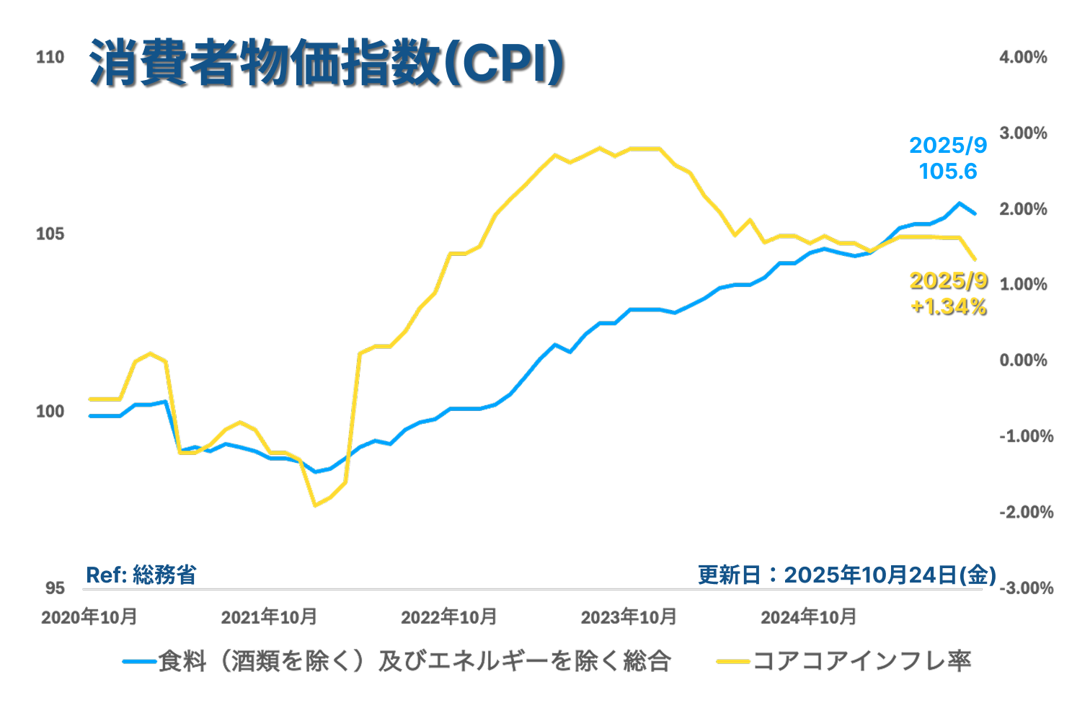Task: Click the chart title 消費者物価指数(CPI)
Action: click(327, 64)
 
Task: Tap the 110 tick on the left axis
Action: click(50, 57)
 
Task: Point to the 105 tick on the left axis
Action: click(50, 234)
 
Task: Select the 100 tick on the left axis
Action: click(50, 412)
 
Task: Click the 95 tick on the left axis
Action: click(55, 588)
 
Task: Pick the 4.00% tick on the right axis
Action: click(1023, 57)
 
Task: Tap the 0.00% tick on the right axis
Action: click(1023, 360)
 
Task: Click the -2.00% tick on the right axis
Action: click(1026, 513)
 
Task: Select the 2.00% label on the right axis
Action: click(1023, 209)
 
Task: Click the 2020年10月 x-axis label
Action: click(89, 618)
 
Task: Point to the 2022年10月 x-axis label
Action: click(448, 618)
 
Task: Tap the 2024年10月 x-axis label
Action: click(808, 618)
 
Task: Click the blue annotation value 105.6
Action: click(948, 172)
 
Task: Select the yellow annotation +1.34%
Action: click(948, 307)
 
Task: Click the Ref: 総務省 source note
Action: click(141, 575)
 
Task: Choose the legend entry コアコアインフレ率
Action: click(861, 661)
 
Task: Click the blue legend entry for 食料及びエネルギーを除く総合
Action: click(415, 661)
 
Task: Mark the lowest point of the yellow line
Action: click(315, 505)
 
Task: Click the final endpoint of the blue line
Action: click(975, 213)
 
